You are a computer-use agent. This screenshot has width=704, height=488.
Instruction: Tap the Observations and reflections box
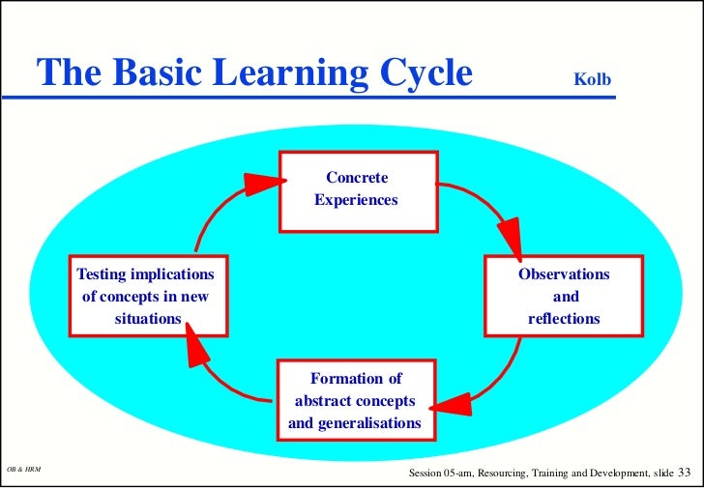pyautogui.click(x=564, y=296)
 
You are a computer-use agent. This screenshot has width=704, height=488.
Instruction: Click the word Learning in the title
pyautogui.click(x=290, y=73)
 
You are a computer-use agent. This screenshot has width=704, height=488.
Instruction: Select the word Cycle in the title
pyautogui.click(x=420, y=73)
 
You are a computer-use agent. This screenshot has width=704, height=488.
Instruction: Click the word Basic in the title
pyautogui.click(x=150, y=73)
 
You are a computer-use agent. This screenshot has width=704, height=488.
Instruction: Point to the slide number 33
pyautogui.click(x=685, y=472)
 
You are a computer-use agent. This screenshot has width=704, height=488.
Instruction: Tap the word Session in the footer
pyautogui.click(x=428, y=473)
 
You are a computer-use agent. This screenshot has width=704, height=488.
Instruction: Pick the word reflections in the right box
pyautogui.click(x=564, y=318)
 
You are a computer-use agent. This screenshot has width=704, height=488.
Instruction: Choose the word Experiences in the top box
pyautogui.click(x=356, y=201)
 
